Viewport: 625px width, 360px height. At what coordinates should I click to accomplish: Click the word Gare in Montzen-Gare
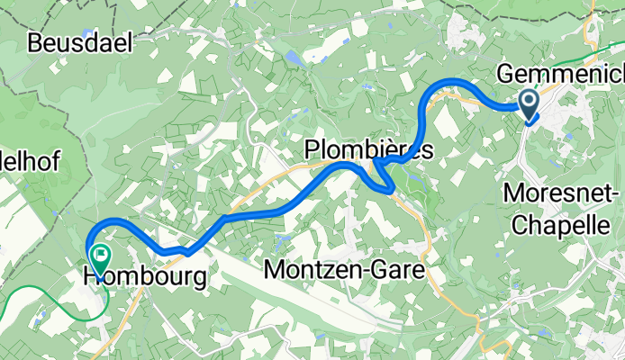[394, 269]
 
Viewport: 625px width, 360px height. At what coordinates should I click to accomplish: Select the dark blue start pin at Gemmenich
[529, 103]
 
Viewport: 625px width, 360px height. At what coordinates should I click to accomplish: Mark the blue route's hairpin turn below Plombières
[388, 190]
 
